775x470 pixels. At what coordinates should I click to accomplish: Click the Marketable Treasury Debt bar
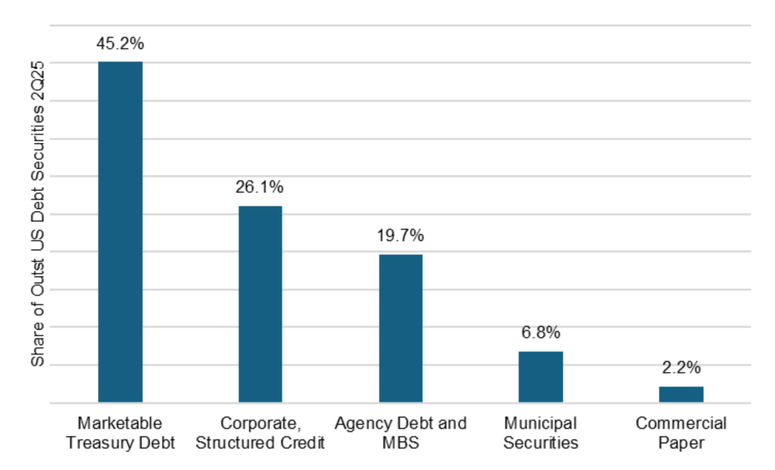click(120, 232)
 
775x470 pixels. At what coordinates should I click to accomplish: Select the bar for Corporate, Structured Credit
click(260, 303)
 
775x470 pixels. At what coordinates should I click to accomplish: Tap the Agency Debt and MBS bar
click(400, 328)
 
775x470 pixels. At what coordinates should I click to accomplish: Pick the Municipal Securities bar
click(540, 376)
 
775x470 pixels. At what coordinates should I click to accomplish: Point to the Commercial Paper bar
click(681, 394)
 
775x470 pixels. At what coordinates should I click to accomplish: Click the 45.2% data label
click(120, 44)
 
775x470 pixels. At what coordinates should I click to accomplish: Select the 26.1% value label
click(260, 188)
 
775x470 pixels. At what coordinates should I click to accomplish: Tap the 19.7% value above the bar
click(400, 236)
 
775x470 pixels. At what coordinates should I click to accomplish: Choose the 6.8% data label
click(540, 332)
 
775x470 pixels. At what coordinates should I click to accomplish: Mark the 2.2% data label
click(680, 369)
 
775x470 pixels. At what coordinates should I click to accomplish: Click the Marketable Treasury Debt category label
click(120, 433)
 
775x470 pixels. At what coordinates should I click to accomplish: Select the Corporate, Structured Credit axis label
click(260, 433)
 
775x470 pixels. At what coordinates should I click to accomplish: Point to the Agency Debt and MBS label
click(400, 433)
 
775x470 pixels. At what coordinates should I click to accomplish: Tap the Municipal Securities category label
click(540, 433)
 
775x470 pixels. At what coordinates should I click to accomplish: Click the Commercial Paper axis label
click(681, 433)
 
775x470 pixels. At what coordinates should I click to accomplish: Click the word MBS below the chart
click(400, 443)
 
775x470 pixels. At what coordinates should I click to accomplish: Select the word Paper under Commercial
click(681, 443)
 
